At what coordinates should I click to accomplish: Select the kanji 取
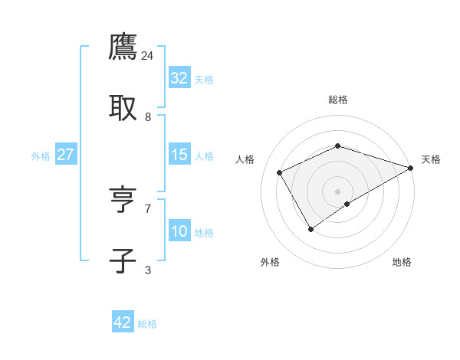tap(123, 109)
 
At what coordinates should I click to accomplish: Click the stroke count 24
tap(148, 56)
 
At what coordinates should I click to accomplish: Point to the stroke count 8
tap(148, 117)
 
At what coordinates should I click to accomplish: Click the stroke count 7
tap(148, 208)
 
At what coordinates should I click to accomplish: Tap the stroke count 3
tap(148, 270)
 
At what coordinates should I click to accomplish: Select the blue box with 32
tap(179, 78)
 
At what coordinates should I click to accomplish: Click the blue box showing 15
tap(179, 155)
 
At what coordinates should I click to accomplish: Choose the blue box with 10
tap(179, 231)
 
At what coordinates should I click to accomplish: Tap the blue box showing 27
tap(66, 155)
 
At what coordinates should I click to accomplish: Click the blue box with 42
tap(123, 322)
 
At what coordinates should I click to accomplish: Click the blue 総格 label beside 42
tap(147, 324)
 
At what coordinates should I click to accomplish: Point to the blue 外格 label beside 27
tap(41, 156)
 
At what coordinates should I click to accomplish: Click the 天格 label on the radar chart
tap(431, 159)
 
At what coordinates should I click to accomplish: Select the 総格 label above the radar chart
tap(337, 100)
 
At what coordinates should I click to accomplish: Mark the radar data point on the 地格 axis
tap(347, 204)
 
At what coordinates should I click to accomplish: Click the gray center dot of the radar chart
tap(337, 191)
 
